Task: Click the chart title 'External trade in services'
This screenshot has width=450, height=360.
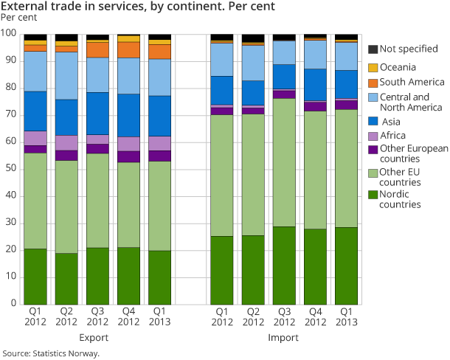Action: pos(139,7)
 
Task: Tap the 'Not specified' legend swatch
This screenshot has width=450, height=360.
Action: pos(373,49)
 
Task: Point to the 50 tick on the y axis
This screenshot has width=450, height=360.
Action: pos(10,169)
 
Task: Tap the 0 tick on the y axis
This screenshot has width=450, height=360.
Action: pos(13,303)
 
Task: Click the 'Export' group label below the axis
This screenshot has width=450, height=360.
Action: pos(98,337)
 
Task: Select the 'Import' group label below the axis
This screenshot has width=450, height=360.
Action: pos(284,337)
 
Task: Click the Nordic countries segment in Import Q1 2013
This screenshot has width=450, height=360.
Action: pos(347,265)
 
